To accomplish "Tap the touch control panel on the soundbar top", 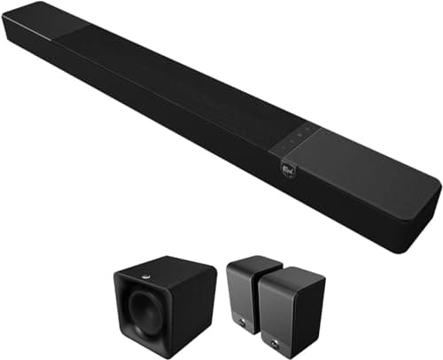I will [293, 136].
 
